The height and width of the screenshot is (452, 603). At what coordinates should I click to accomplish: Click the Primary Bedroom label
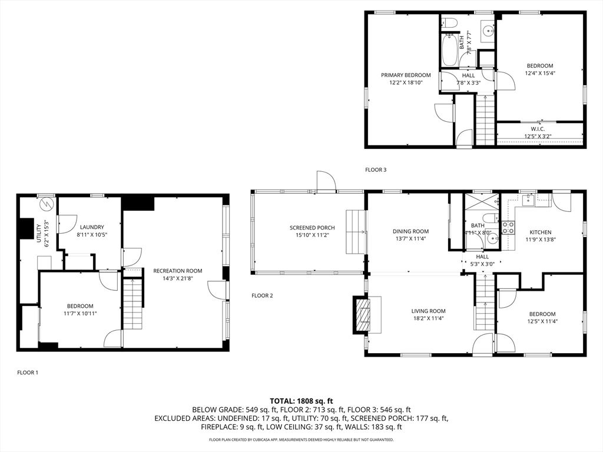pyautogui.click(x=406, y=75)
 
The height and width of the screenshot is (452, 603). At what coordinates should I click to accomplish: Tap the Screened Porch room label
pyautogui.click(x=312, y=228)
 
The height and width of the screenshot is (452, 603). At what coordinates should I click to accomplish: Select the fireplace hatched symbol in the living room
pyautogui.click(x=363, y=315)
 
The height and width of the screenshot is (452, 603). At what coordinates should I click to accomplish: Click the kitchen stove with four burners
pyautogui.click(x=508, y=228)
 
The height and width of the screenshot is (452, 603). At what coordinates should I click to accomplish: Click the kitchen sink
pyautogui.click(x=528, y=199)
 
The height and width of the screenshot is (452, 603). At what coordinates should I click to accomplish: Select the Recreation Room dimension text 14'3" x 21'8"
pyautogui.click(x=177, y=278)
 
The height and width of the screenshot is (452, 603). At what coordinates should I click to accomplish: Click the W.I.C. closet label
pyautogui.click(x=538, y=129)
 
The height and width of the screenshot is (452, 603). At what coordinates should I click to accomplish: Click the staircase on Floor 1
pyautogui.click(x=132, y=304)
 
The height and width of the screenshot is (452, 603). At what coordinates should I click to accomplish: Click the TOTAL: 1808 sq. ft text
pyautogui.click(x=301, y=401)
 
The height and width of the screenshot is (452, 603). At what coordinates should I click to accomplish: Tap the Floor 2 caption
pyautogui.click(x=262, y=295)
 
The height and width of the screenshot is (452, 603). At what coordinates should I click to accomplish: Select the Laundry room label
pyautogui.click(x=92, y=227)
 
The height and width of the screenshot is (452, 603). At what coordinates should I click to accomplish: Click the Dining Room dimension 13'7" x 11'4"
pyautogui.click(x=410, y=238)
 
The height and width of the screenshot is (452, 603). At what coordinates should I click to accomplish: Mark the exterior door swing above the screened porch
pyautogui.click(x=326, y=181)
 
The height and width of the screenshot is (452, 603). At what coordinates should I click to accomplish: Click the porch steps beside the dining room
pyautogui.click(x=354, y=232)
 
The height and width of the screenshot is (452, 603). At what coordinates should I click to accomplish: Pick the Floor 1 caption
pyautogui.click(x=28, y=373)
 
